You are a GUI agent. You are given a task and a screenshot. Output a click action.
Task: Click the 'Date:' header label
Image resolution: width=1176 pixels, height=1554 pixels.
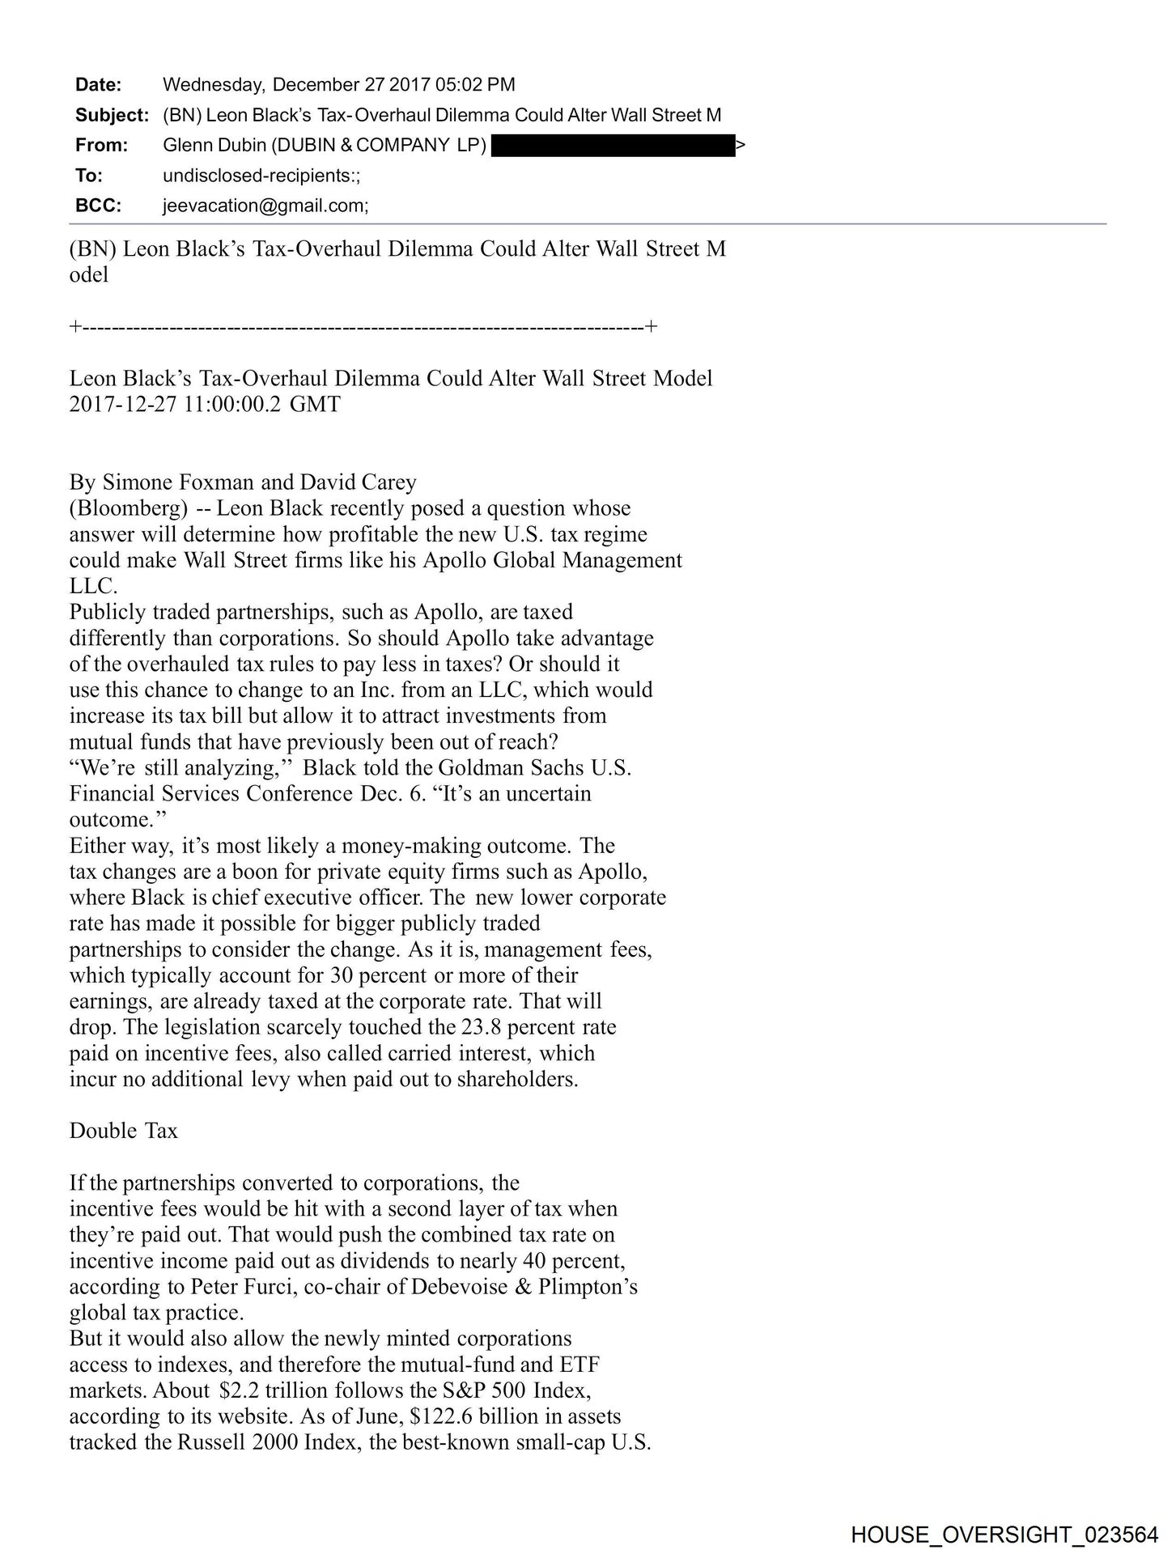98,85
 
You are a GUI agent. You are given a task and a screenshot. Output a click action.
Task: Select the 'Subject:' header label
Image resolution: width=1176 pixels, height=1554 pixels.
112,115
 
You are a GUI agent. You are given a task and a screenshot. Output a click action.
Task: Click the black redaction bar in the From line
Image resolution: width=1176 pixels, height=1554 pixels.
613,146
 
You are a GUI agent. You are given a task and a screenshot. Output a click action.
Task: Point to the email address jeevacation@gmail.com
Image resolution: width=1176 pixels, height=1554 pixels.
265,206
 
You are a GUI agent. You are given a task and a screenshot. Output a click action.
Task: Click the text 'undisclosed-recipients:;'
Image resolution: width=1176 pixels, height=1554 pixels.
261,176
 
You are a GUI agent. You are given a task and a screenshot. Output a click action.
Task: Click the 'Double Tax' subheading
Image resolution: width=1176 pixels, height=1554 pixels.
123,1131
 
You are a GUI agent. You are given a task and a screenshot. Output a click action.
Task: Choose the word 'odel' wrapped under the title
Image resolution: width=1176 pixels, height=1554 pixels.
88,274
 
